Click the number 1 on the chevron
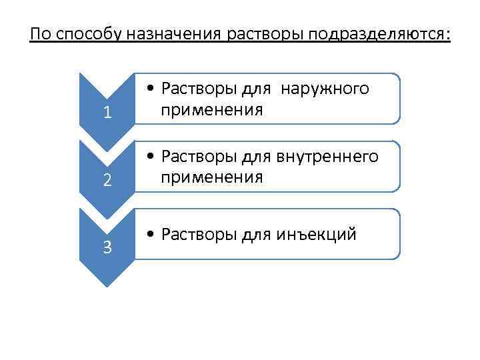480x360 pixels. pyautogui.click(x=107, y=113)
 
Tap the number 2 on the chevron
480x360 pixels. pyautogui.click(x=107, y=181)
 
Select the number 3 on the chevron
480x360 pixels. pyautogui.click(x=107, y=249)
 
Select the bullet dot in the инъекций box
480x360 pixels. pyautogui.click(x=153, y=235)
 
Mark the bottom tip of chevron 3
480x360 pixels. pyautogui.click(x=107, y=285)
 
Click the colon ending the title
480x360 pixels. pyautogui.click(x=449, y=35)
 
